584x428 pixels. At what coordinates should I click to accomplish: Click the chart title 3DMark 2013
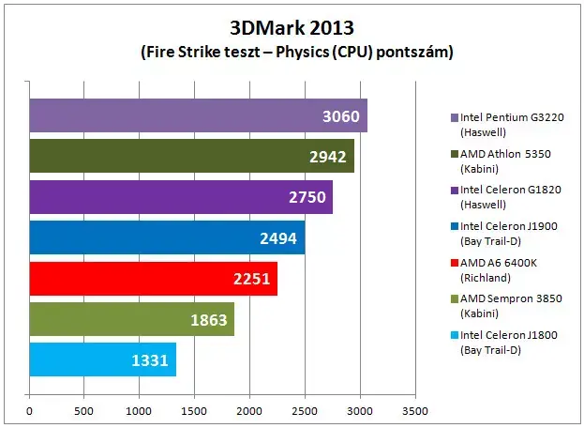(292, 27)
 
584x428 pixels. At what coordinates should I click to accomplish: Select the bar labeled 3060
(199, 115)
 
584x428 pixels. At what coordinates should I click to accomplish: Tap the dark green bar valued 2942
(192, 156)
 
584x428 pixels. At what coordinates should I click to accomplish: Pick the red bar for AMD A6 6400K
(154, 279)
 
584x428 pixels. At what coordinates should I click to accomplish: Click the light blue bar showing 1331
(103, 359)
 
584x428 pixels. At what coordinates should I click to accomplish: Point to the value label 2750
(307, 197)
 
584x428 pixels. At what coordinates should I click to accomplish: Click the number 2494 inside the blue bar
(278, 238)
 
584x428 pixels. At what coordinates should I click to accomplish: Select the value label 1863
(209, 320)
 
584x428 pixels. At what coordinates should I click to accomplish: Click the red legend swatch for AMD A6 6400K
(455, 263)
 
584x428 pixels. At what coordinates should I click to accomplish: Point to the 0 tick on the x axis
(29, 411)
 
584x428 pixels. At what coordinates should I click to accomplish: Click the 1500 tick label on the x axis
(194, 411)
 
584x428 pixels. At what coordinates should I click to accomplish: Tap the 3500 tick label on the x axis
(415, 411)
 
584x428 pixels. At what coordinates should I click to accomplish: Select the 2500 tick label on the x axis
(305, 411)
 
